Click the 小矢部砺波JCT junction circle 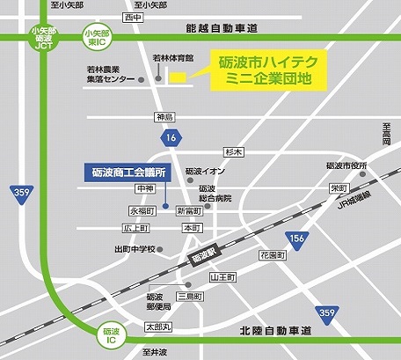(x=42, y=39)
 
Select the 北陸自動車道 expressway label (x=275, y=332)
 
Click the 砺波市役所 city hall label (x=345, y=165)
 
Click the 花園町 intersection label (x=273, y=254)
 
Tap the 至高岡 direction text (x=385, y=135)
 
